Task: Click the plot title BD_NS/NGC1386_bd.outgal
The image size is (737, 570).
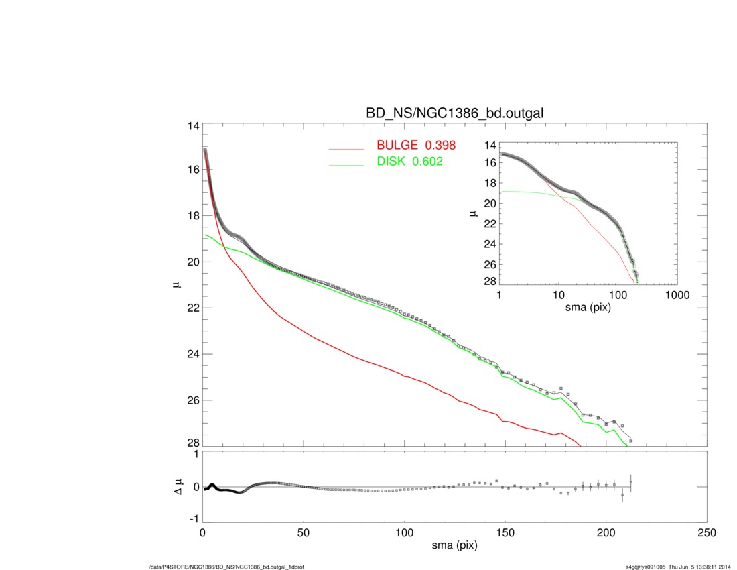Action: [x=454, y=115]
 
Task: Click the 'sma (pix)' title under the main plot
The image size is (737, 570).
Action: [x=454, y=546]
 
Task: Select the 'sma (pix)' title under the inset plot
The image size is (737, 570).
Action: [x=588, y=306]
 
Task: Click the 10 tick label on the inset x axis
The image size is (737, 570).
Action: [x=558, y=295]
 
